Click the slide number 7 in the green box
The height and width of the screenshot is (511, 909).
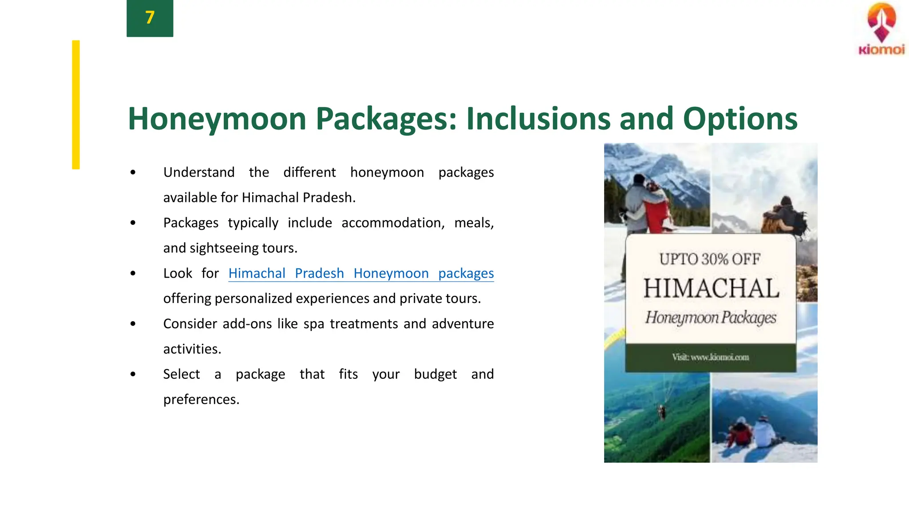(150, 18)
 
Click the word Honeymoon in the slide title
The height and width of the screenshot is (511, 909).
(217, 119)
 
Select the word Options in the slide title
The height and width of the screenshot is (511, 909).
(740, 119)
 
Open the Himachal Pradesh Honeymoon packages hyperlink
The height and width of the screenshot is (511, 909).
(361, 273)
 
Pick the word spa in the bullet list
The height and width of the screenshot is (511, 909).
(314, 324)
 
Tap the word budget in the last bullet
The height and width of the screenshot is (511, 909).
(435, 374)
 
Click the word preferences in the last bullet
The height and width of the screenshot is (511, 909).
(201, 399)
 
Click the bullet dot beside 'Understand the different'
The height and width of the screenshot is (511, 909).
(133, 172)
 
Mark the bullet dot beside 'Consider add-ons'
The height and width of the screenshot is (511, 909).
(133, 324)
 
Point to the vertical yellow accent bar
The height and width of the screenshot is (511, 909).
(76, 105)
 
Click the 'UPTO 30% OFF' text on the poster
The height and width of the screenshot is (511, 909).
(710, 259)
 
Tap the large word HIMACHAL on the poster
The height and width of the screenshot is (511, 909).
(711, 288)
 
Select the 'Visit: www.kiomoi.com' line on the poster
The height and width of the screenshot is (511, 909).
(710, 357)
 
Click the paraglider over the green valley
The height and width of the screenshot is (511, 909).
(662, 412)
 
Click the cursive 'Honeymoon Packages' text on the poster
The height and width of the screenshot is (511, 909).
(711, 318)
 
